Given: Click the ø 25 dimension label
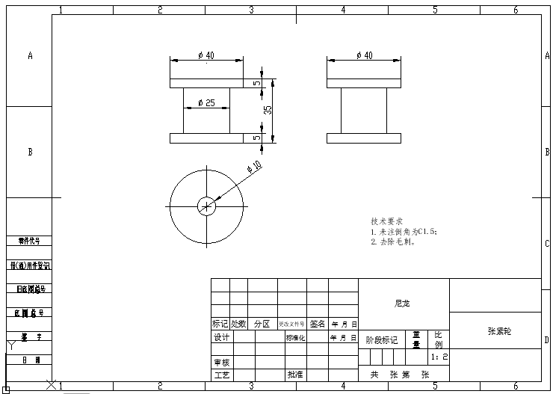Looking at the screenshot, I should [x=206, y=102].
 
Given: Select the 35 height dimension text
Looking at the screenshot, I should [x=268, y=109].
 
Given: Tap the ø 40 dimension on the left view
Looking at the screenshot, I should [x=206, y=55].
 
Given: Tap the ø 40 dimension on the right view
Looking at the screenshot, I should [x=364, y=55].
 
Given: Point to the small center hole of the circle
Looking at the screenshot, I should [x=206, y=206].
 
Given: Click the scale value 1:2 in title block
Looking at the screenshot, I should [x=440, y=357].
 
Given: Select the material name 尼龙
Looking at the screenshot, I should [x=403, y=304].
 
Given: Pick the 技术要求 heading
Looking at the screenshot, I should [x=386, y=221].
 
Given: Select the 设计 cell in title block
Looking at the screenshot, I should [x=221, y=337].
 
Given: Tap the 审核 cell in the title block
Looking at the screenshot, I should [x=221, y=362].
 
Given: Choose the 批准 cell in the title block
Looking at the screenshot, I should [x=294, y=374].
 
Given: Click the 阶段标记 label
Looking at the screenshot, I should [x=381, y=340].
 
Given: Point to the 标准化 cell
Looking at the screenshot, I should [x=294, y=337].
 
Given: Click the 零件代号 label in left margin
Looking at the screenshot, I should [x=29, y=241].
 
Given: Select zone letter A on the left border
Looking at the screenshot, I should [x=30, y=55].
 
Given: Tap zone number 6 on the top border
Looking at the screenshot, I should [x=515, y=10].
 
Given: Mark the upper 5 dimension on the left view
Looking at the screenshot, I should [x=256, y=83].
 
